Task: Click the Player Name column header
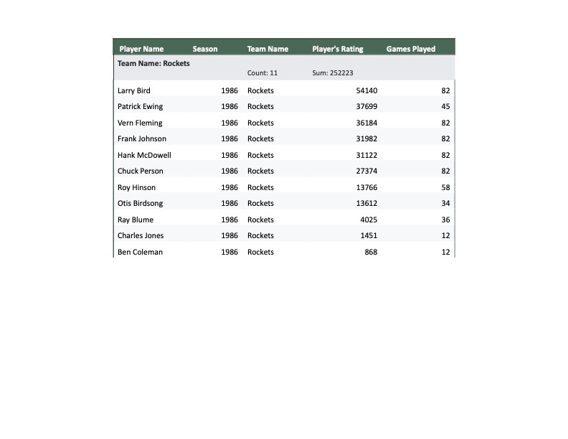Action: coord(141,49)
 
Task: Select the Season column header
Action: coord(205,49)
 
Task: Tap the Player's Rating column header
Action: coord(338,49)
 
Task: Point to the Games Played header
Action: coord(411,49)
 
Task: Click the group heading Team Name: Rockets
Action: coord(153,63)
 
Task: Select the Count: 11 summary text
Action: coord(262,73)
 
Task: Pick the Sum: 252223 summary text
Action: coord(333,73)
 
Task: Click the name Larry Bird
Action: coord(134,90)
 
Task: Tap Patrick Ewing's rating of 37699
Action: coord(366,106)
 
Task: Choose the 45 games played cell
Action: coord(445,106)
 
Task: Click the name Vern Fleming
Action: coord(140,123)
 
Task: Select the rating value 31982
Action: coord(366,138)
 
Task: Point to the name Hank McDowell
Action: coord(144,155)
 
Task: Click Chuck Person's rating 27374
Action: coord(366,171)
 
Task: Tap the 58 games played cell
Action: coord(445,187)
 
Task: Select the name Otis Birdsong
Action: coord(141,203)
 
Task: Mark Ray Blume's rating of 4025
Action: coord(369,219)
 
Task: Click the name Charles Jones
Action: coord(141,235)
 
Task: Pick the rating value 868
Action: coord(371,252)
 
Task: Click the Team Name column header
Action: coord(268,49)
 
